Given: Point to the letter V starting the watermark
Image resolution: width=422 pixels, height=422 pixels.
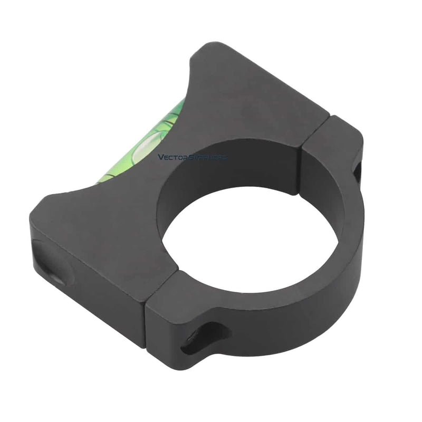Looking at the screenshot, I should [x=161, y=157].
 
